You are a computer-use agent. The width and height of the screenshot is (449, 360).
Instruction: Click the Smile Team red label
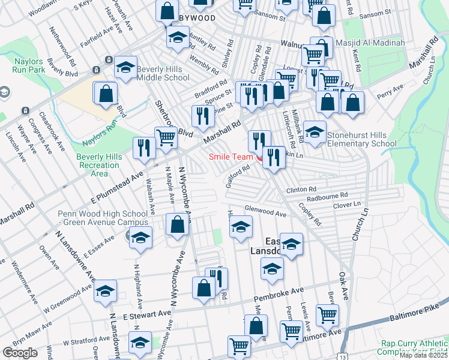[x=231, y=157]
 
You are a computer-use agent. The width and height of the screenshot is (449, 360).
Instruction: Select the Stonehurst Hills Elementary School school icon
[x=314, y=133]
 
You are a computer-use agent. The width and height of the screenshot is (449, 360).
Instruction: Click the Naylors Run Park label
[x=28, y=66]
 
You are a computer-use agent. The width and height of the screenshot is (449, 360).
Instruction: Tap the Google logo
[x=20, y=353]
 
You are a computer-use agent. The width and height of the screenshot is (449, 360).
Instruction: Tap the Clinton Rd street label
[x=301, y=190]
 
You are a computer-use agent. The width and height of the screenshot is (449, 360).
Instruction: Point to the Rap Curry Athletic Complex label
[x=414, y=348]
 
